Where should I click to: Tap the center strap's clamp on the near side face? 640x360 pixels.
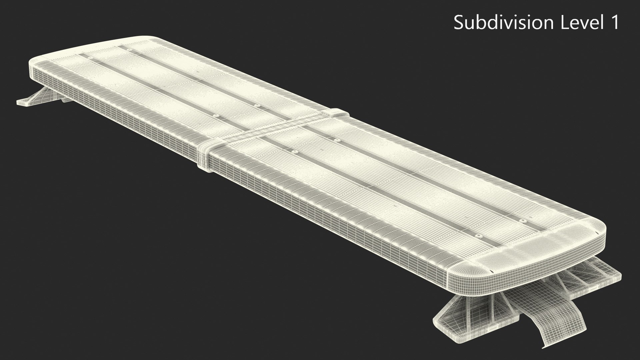(x=203, y=157)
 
